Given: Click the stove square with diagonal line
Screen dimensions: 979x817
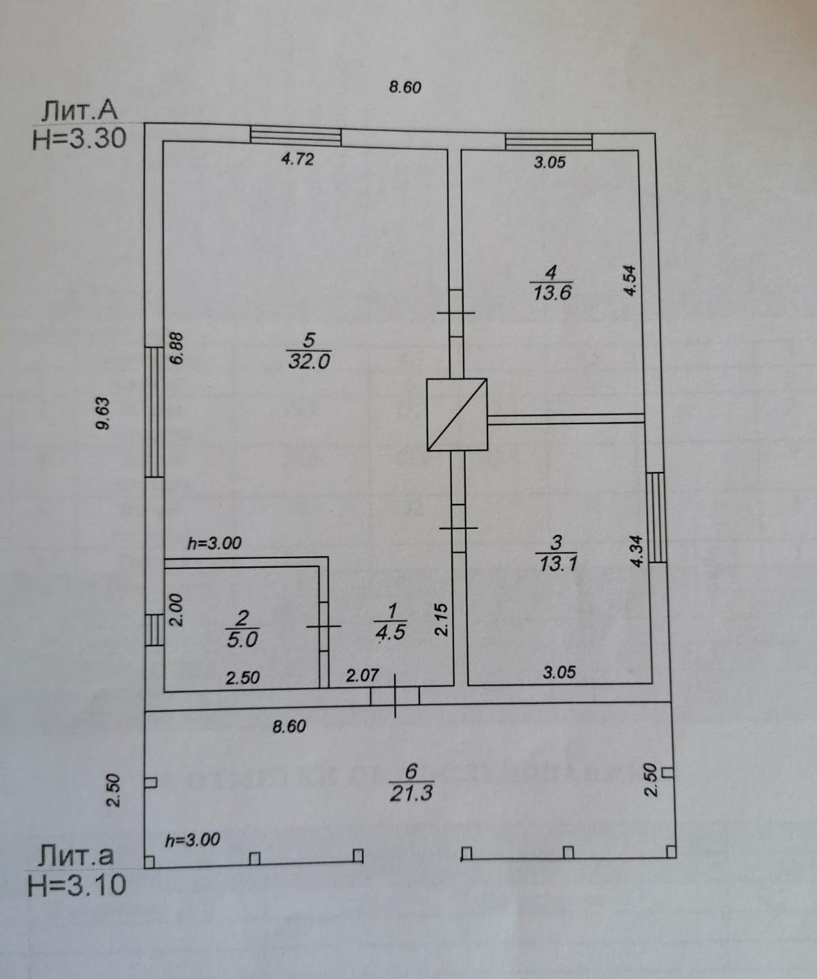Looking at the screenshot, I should click(x=458, y=414).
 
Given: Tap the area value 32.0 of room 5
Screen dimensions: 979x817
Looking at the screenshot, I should click(x=309, y=361).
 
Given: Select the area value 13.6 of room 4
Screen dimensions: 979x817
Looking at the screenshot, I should click(x=552, y=293).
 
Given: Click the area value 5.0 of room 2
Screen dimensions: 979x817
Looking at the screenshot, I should click(x=242, y=639).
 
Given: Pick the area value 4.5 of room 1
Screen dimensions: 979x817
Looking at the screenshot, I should click(x=391, y=632).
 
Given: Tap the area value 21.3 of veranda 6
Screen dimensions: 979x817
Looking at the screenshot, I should click(x=411, y=793).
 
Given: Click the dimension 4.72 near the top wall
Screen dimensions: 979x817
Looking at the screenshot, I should click(x=298, y=159).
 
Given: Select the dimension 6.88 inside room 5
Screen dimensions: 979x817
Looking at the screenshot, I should click(x=176, y=349).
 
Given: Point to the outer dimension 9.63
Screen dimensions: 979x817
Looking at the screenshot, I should click(x=102, y=414).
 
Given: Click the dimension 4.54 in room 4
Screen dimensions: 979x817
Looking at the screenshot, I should click(x=630, y=280).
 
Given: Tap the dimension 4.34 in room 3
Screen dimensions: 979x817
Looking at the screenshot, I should click(x=637, y=551).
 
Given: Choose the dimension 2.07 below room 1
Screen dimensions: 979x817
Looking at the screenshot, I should click(x=362, y=676).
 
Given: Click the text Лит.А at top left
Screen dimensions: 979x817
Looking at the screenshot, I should click(x=80, y=110).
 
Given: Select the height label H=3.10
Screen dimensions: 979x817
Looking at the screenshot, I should click(x=76, y=885).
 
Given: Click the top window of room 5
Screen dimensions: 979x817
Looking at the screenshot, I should click(x=295, y=135).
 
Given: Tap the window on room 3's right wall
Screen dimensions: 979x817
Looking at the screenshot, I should click(x=656, y=517).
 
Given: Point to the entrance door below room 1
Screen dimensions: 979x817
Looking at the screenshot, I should click(x=395, y=696).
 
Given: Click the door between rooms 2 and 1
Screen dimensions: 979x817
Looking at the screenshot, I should click(x=324, y=626).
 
